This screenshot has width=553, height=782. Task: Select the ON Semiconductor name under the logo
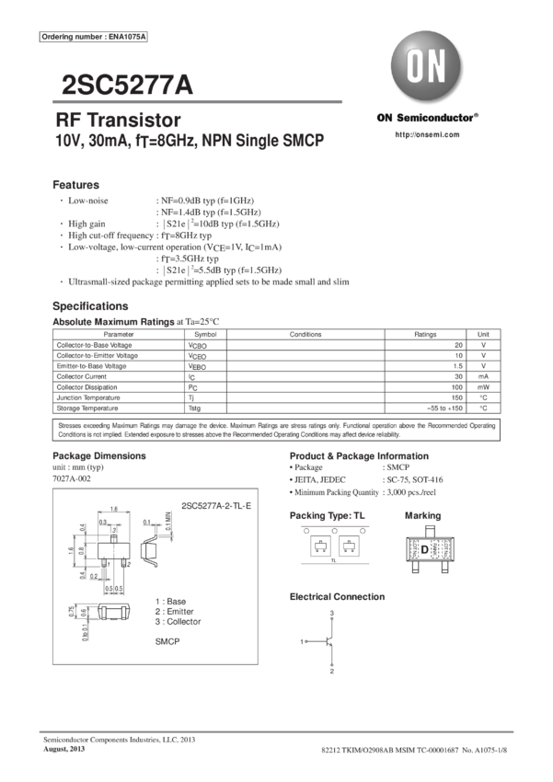coord(427,118)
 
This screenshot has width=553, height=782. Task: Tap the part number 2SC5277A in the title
coord(126,86)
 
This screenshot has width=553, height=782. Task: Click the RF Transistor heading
coord(118,121)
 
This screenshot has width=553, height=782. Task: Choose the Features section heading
coord(75,185)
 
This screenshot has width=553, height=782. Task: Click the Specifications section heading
coord(90,305)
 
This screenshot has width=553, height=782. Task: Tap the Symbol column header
coord(206,334)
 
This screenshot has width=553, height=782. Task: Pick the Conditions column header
coord(304,334)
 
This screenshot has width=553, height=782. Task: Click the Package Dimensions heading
coord(98,456)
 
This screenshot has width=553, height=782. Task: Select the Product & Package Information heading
coord(359,456)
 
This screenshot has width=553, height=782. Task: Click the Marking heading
coord(422,516)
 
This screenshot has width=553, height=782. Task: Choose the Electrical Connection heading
coord(338,597)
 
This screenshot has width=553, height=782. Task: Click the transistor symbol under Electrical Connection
coord(329,641)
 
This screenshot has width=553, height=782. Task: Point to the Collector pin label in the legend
coord(181,620)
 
